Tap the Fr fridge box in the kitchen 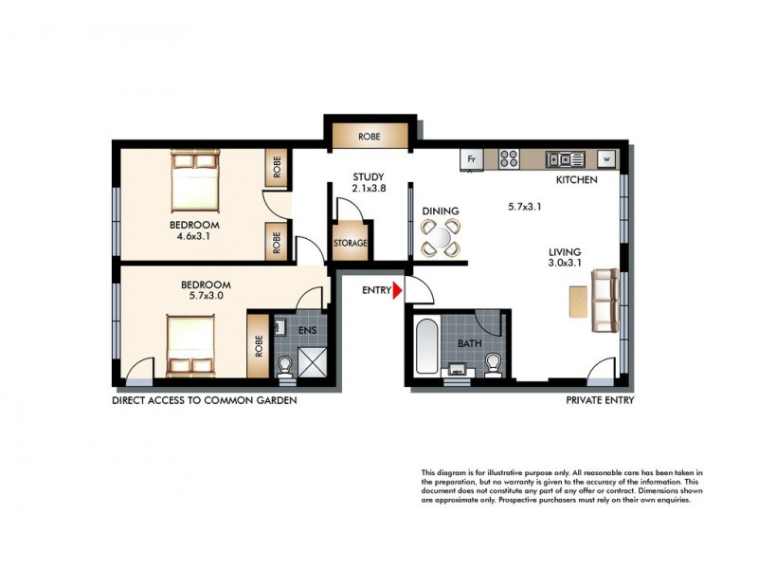pyautogui.click(x=472, y=159)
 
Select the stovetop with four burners pyautogui.click(x=509, y=159)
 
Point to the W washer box pyautogui.click(x=606, y=159)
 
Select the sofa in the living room pyautogui.click(x=604, y=301)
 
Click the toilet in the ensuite pyautogui.click(x=285, y=364)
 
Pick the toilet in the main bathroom pyautogui.click(x=492, y=364)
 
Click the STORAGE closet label pyautogui.click(x=350, y=244)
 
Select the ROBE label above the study pyautogui.click(x=370, y=137)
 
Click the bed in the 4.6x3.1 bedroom pyautogui.click(x=195, y=184)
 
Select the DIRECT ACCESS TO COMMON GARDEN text pyautogui.click(x=205, y=400)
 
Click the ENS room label pyautogui.click(x=308, y=329)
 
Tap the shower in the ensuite pyautogui.click(x=312, y=362)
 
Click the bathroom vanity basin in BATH pyautogui.click(x=461, y=368)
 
